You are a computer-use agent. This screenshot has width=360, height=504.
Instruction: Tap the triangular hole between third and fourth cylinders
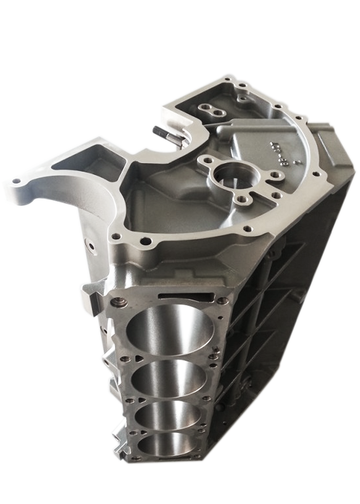(x=143, y=432)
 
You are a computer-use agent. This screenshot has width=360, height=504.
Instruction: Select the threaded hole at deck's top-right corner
(x=223, y=300)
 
